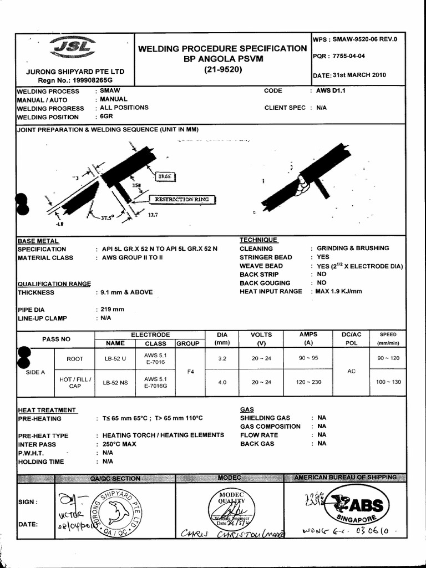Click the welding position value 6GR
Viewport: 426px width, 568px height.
coord(106,117)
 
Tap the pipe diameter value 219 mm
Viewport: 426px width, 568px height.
coord(112,310)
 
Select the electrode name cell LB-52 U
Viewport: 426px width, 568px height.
coord(115,359)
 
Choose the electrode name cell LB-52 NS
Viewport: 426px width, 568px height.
coord(115,382)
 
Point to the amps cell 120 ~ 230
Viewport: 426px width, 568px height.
coord(308,382)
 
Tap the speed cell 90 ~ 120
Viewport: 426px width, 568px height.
coord(388,359)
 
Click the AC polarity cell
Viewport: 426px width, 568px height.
coord(351,371)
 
